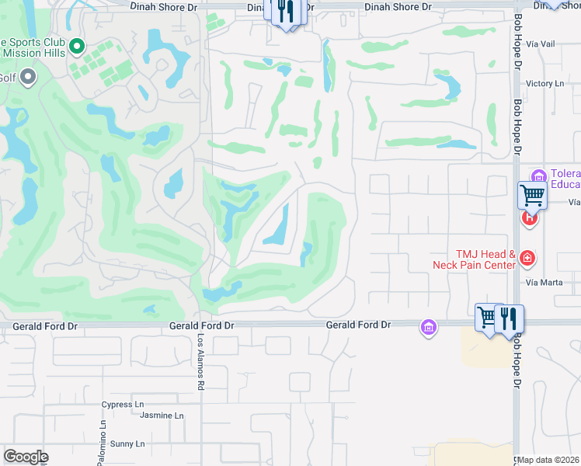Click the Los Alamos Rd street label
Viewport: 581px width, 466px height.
[200, 363]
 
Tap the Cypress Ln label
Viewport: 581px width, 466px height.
[123, 405]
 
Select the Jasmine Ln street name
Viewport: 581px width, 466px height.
[162, 416]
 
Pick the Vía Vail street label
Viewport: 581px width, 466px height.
[541, 43]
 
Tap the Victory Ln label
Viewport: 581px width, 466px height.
[544, 83]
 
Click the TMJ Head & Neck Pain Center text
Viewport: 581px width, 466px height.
[475, 259]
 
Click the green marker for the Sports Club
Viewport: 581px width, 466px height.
[77, 47]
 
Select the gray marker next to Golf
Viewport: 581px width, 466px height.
[29, 77]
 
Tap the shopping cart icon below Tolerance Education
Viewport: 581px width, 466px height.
[532, 195]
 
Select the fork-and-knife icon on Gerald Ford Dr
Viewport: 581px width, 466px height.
[509, 318]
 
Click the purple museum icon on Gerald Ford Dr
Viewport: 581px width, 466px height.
[428, 326]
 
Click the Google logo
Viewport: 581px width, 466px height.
[26, 457]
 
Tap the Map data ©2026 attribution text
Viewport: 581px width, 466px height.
[548, 460]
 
